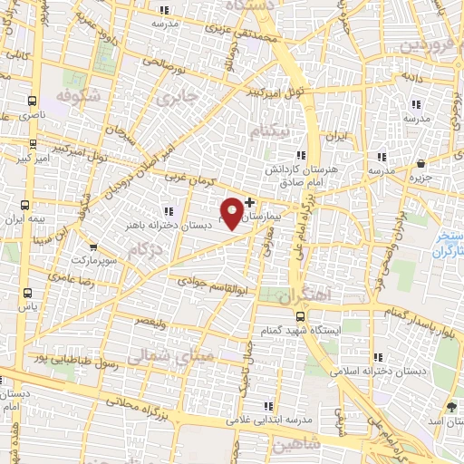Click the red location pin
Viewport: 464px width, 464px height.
click(x=233, y=211)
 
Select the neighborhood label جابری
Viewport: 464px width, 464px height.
click(x=177, y=96)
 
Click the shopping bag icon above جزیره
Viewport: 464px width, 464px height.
click(x=422, y=163)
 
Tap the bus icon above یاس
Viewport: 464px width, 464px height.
click(x=28, y=293)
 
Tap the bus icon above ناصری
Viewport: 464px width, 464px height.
click(x=33, y=102)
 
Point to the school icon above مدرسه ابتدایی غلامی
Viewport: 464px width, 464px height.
click(x=267, y=406)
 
